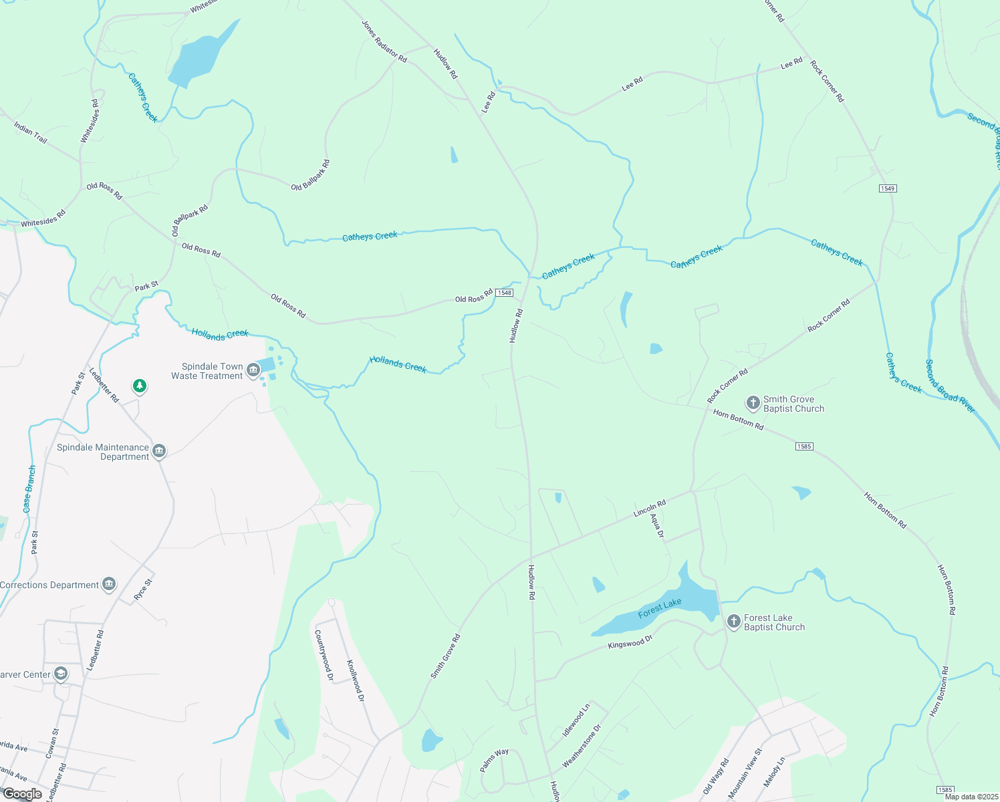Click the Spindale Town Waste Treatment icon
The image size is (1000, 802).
click(253, 370)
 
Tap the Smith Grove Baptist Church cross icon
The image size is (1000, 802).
click(753, 403)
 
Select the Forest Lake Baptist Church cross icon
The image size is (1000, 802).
click(733, 622)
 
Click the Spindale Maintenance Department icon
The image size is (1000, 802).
click(159, 451)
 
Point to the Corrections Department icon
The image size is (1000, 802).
click(109, 585)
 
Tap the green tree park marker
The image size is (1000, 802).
click(139, 386)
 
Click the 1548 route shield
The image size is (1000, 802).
click(505, 293)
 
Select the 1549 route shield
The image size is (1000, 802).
click(887, 188)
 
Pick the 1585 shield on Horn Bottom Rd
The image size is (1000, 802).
click(804, 446)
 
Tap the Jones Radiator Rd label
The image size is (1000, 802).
click(384, 41)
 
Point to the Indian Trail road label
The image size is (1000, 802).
click(31, 132)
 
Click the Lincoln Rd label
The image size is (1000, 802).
click(650, 509)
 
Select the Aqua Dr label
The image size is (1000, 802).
click(658, 525)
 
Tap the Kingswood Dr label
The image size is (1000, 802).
click(630, 642)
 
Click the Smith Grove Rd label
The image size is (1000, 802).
click(445, 656)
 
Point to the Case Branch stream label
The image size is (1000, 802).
click(29, 489)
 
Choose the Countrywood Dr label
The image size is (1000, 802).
click(324, 655)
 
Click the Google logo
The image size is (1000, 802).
click(22, 794)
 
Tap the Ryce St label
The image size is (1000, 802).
click(144, 590)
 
